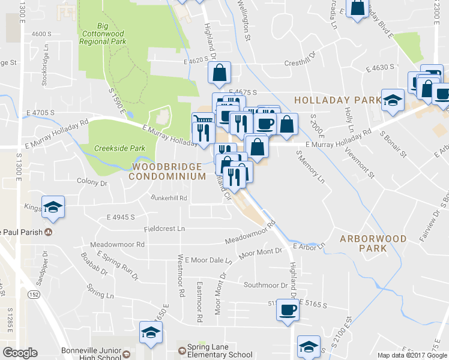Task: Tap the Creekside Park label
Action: coord(112,148)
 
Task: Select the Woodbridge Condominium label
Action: coord(169,171)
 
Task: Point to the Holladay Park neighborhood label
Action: coord(337,99)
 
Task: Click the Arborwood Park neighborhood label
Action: coord(373,243)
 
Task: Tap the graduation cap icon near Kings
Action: coord(53,207)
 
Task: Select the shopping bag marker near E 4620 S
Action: coord(220,73)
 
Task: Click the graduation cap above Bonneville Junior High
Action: coord(151,332)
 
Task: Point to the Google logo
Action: coord(19,353)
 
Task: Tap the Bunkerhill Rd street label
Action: coord(169,197)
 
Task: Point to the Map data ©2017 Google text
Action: coord(412,355)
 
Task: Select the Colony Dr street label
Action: coord(91,183)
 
